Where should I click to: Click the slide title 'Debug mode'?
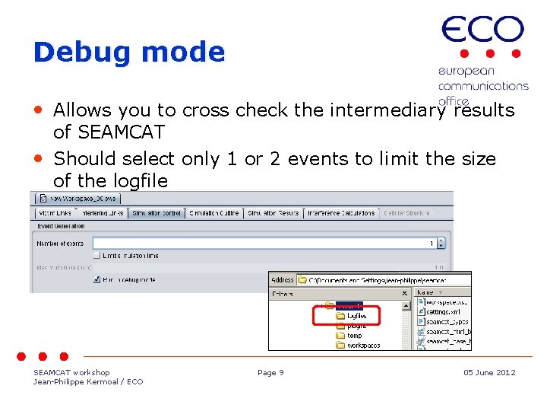tap(129, 52)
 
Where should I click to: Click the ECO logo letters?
tap(482, 31)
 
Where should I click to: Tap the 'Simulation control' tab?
tap(157, 213)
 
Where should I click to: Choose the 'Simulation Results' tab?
tap(273, 213)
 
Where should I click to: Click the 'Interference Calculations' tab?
tap(341, 213)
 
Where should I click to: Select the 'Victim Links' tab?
tap(54, 213)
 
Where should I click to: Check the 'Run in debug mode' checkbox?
tap(96, 279)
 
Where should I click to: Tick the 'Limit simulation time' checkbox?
tap(96, 255)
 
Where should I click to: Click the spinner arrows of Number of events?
tap(442, 244)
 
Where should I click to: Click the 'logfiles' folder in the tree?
tap(356, 315)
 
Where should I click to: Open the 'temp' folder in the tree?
tap(354, 336)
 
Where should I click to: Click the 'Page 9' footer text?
tap(270, 373)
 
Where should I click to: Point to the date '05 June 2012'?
tap(489, 373)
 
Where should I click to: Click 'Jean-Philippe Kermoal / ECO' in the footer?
tap(88, 382)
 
